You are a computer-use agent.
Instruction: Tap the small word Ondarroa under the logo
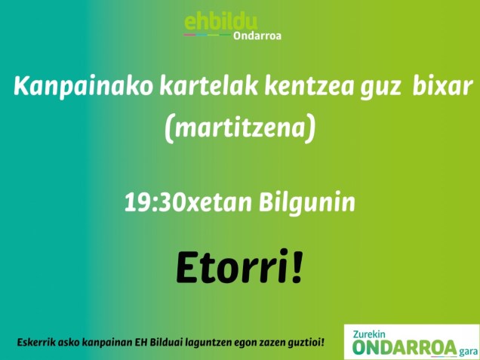(x=257, y=35)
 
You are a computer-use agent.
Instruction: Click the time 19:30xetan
(x=189, y=203)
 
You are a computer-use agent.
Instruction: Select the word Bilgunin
(x=307, y=203)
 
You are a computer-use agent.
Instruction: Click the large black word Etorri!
(x=238, y=266)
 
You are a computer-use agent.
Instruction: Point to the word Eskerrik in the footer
(x=38, y=343)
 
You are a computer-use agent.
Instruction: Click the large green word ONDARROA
(x=405, y=348)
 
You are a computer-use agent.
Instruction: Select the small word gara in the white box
(x=467, y=351)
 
